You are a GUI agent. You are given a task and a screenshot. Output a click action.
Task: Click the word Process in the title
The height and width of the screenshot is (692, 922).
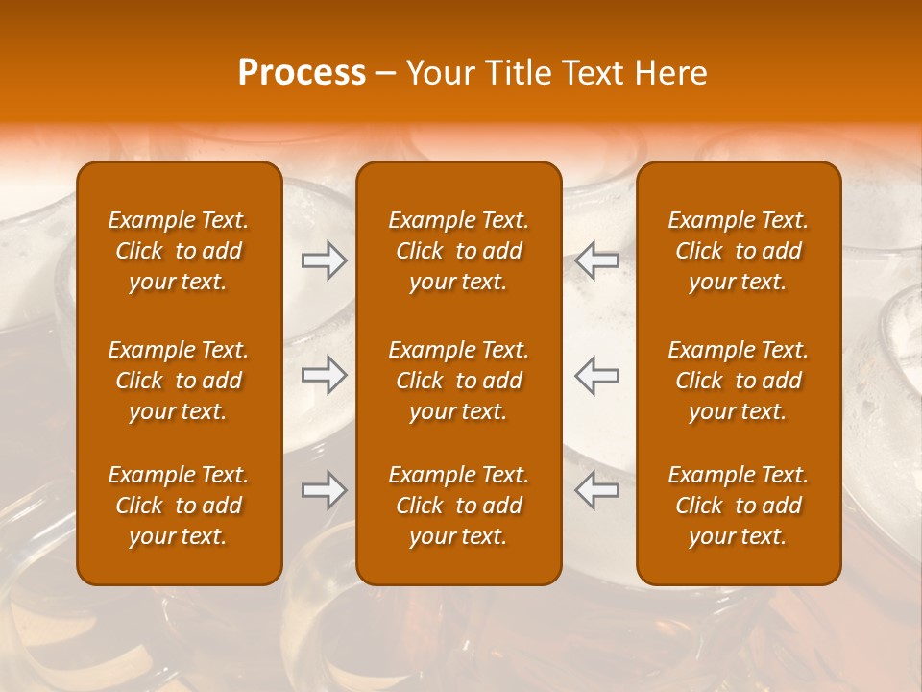pyautogui.click(x=302, y=73)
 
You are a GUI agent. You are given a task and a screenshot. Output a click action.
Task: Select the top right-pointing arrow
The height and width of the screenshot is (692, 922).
pyautogui.click(x=325, y=260)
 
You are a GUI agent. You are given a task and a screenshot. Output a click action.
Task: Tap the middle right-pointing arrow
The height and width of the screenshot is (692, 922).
pyautogui.click(x=325, y=376)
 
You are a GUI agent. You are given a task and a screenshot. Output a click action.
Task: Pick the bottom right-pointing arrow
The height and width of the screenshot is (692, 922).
pyautogui.click(x=325, y=490)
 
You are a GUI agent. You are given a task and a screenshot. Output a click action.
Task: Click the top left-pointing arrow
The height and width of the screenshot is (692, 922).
pyautogui.click(x=596, y=260)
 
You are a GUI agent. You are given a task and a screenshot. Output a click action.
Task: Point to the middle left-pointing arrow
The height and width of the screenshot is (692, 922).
pyautogui.click(x=596, y=376)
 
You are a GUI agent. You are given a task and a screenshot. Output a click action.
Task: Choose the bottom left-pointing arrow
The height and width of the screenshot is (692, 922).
pyautogui.click(x=596, y=490)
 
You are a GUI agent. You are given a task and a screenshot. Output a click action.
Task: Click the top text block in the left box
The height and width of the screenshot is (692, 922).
pyautogui.click(x=179, y=251)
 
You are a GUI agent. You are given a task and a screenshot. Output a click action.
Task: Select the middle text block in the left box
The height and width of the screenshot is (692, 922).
pyautogui.click(x=179, y=381)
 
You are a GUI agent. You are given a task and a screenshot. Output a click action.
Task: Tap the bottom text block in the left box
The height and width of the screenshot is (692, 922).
pyautogui.click(x=179, y=506)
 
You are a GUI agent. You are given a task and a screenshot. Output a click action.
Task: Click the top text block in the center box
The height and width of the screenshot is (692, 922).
pyautogui.click(x=458, y=251)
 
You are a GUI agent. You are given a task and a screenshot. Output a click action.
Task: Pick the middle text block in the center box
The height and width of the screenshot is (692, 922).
pyautogui.click(x=458, y=381)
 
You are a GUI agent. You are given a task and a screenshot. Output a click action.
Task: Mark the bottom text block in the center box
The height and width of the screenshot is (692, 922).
pyautogui.click(x=458, y=506)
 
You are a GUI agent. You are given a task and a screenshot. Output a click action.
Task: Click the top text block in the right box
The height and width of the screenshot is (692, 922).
pyautogui.click(x=738, y=251)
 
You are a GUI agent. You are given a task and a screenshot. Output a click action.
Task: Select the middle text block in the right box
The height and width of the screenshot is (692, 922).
pyautogui.click(x=738, y=381)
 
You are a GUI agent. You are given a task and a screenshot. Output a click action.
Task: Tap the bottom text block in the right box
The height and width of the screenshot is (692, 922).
pyautogui.click(x=738, y=506)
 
